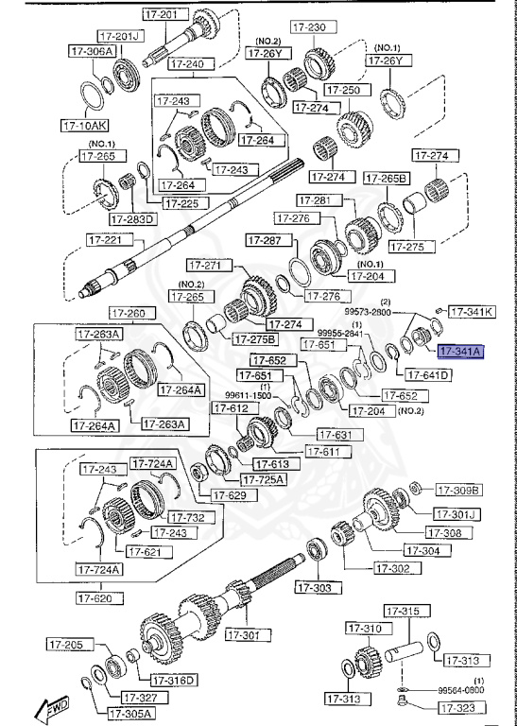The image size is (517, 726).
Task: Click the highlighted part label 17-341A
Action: pyautogui.click(x=460, y=351)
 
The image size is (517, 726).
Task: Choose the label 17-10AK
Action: pyautogui.click(x=84, y=124)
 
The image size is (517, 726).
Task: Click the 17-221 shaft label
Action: pyautogui.click(x=109, y=241)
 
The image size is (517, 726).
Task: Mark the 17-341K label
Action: pyautogui.click(x=469, y=311)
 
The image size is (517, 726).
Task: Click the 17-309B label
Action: pyautogui.click(x=459, y=490)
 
